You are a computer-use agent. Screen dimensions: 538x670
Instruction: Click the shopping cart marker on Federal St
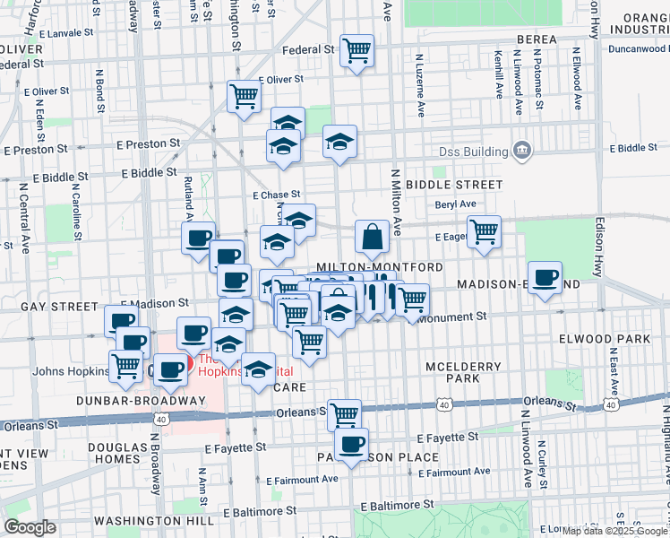coord(357,50)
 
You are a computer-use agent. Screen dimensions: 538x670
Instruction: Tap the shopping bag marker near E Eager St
coord(372,238)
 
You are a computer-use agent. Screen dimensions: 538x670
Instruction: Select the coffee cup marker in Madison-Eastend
coord(544,278)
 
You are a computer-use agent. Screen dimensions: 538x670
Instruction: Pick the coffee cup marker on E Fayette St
coord(352,444)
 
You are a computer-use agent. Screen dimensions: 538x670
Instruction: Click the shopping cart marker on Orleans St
coord(344,415)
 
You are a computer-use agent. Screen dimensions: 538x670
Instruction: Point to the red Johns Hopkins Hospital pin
coord(176,366)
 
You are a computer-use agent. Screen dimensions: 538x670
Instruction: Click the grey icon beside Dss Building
coord(521,149)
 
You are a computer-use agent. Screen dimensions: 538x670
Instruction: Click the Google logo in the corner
coord(30,527)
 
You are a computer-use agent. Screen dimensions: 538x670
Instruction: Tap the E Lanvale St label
coord(63,32)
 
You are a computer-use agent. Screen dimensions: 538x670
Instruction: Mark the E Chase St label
coord(276,195)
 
